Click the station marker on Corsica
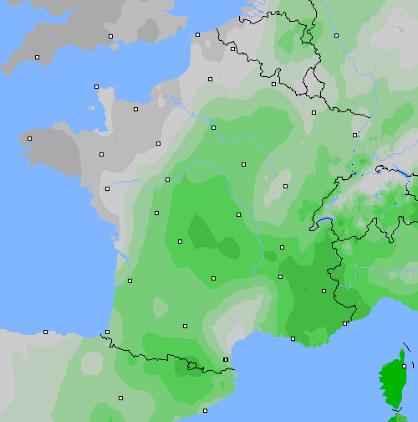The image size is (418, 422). pos(404,366)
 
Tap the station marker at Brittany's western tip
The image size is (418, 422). pos(29,138)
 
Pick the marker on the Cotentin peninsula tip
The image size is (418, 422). pos(96,86)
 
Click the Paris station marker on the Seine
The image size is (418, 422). pos(213,127)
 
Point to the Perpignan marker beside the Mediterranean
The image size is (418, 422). pos(225,359)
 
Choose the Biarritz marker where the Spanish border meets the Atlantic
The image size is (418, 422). pos(107,332)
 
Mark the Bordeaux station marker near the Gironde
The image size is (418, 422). pos(130,280)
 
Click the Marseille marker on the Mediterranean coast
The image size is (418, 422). pos(293,338)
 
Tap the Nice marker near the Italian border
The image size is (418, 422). pos(345,322)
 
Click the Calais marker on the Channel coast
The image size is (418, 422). pos(197,34)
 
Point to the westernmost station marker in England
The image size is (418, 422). pos(37,57)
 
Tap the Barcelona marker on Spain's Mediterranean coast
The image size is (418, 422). pos(205,410)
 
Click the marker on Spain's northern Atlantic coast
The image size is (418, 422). pos(45,332)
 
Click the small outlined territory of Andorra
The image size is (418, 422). pos(193,365)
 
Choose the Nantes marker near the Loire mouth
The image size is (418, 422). pos(106,188)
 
